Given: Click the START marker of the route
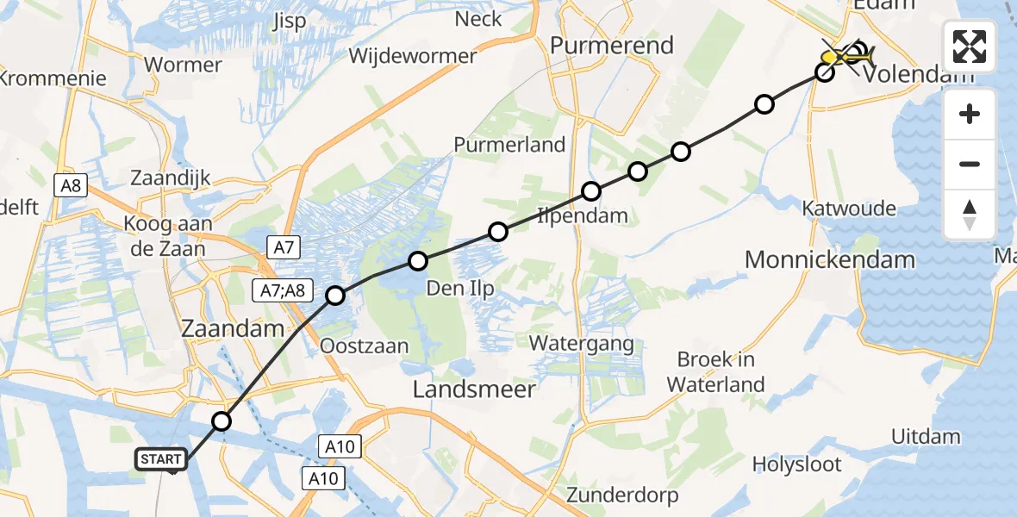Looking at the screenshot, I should [x=160, y=459].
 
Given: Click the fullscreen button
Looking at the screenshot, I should [x=970, y=47].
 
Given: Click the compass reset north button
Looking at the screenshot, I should [x=970, y=215].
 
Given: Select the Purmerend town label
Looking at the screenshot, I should [x=612, y=45].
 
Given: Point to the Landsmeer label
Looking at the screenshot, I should [x=474, y=389].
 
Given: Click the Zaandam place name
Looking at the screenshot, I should [x=232, y=328].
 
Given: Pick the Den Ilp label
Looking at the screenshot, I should [x=460, y=288].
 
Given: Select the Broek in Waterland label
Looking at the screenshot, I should [x=715, y=371].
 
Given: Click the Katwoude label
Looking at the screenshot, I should [x=848, y=209].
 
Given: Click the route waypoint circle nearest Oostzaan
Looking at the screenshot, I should [x=335, y=296].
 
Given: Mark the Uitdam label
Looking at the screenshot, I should [x=926, y=437].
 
